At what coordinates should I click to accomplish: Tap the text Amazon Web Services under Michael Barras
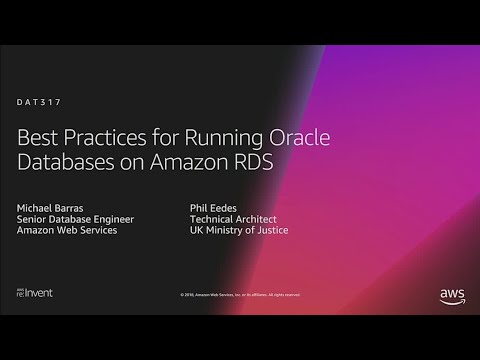tap(67, 231)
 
